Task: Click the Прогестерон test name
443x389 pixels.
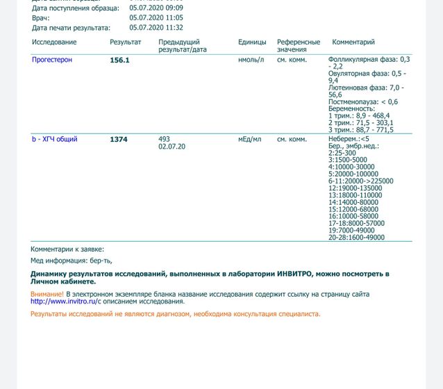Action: tap(52, 60)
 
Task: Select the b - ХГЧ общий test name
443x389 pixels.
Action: tap(55, 139)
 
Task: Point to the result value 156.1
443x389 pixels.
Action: tap(119, 60)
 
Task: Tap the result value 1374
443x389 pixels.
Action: tap(119, 140)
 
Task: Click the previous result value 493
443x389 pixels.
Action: tap(165, 139)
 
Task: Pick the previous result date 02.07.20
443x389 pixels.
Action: tap(172, 147)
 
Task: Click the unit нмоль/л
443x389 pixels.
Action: tap(251, 60)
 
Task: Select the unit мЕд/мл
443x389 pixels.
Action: tap(250, 139)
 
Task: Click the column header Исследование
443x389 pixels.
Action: tap(54, 42)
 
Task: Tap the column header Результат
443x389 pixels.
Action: tap(126, 42)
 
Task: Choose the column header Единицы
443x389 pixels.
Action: tap(252, 42)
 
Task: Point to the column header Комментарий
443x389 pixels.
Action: tap(353, 42)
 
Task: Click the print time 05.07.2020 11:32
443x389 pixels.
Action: tap(156, 28)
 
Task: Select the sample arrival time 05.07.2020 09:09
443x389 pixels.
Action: tap(156, 8)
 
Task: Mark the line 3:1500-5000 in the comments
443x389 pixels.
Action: tap(347, 160)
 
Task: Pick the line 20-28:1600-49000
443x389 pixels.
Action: tap(356, 237)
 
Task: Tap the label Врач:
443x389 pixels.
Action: tap(41, 17)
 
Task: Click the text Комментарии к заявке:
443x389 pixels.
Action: tap(67, 249)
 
